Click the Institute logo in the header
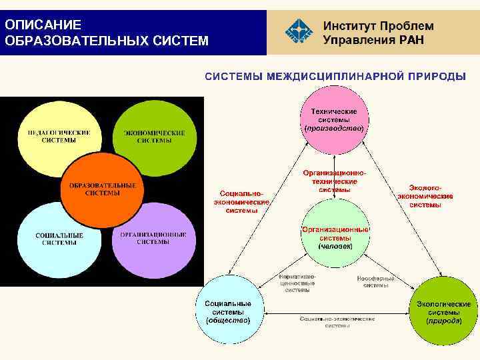298,31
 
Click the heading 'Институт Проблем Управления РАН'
378,32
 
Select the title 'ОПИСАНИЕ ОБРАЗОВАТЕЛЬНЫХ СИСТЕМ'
106,33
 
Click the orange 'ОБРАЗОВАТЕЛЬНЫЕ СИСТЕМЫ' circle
103,189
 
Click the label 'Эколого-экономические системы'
425,197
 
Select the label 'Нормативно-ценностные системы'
297,283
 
